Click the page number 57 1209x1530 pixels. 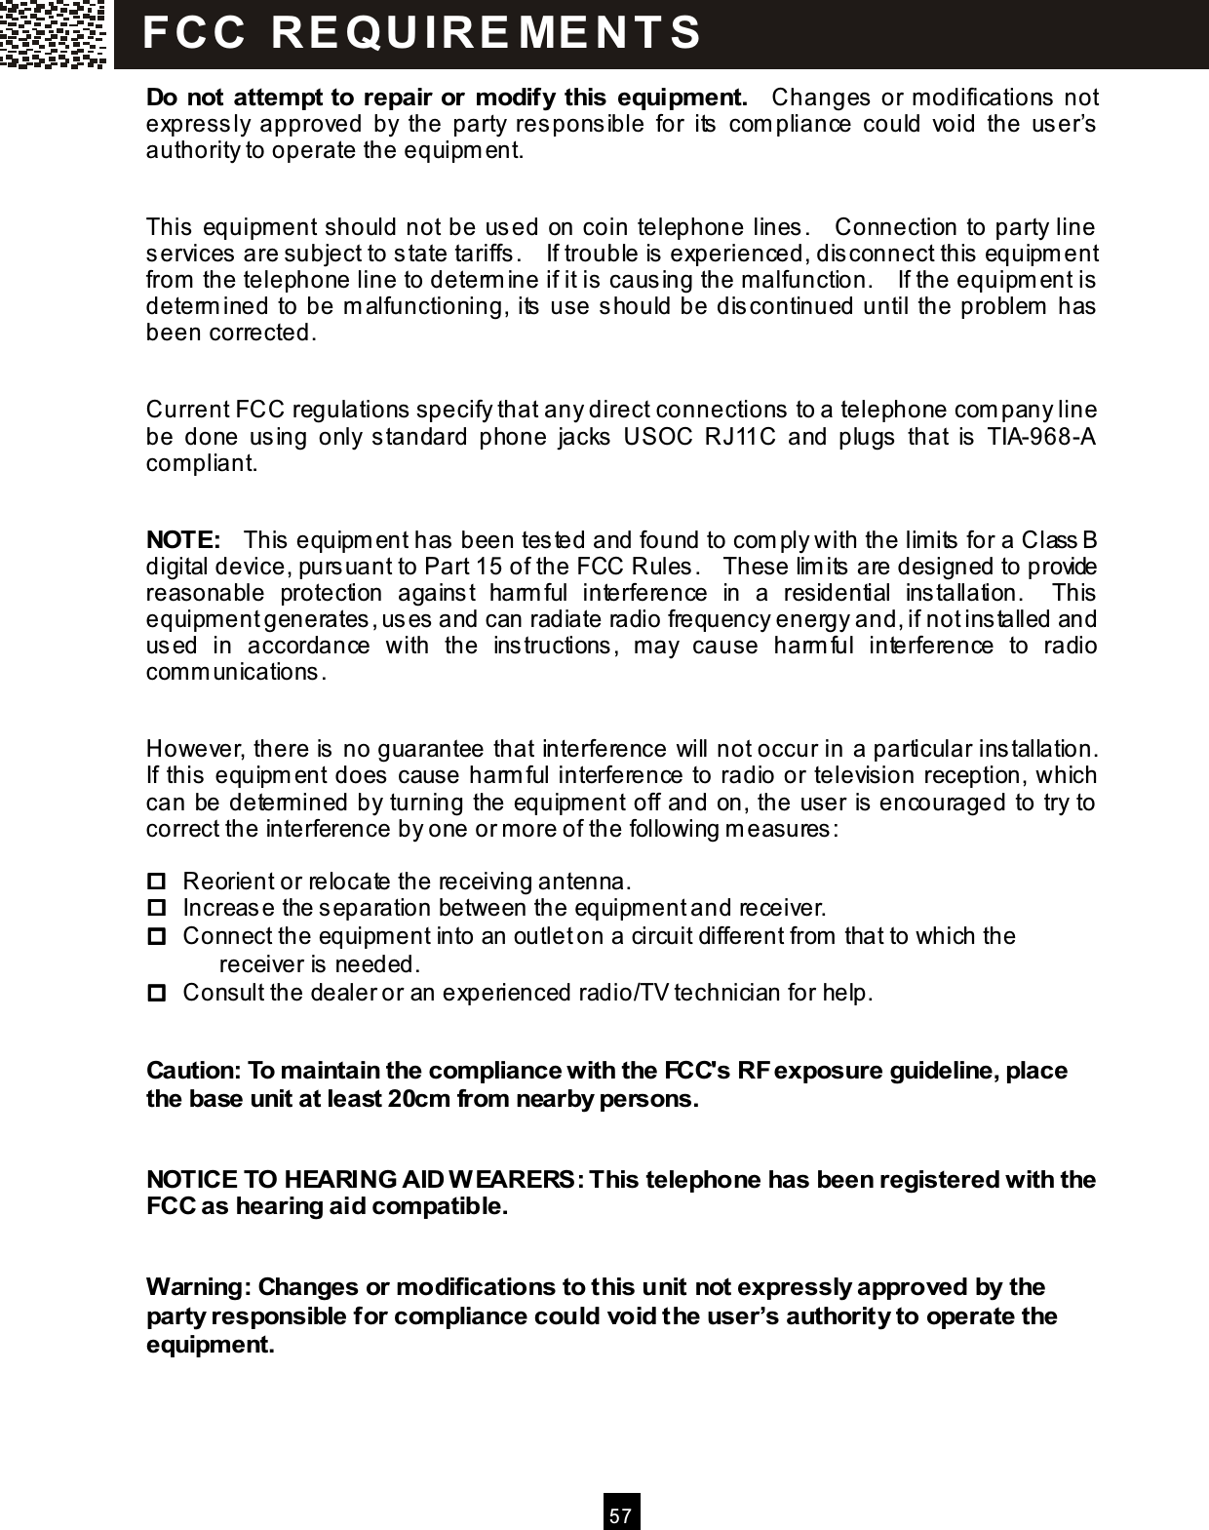[621, 1516]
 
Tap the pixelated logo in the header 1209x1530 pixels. [54, 34]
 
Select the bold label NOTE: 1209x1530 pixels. [182, 540]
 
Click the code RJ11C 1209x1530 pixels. [739, 436]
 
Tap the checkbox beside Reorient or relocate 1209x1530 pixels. [155, 883]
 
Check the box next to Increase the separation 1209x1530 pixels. [155, 909]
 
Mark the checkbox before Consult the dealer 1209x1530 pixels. [155, 994]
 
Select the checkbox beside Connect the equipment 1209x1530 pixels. [155, 937]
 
